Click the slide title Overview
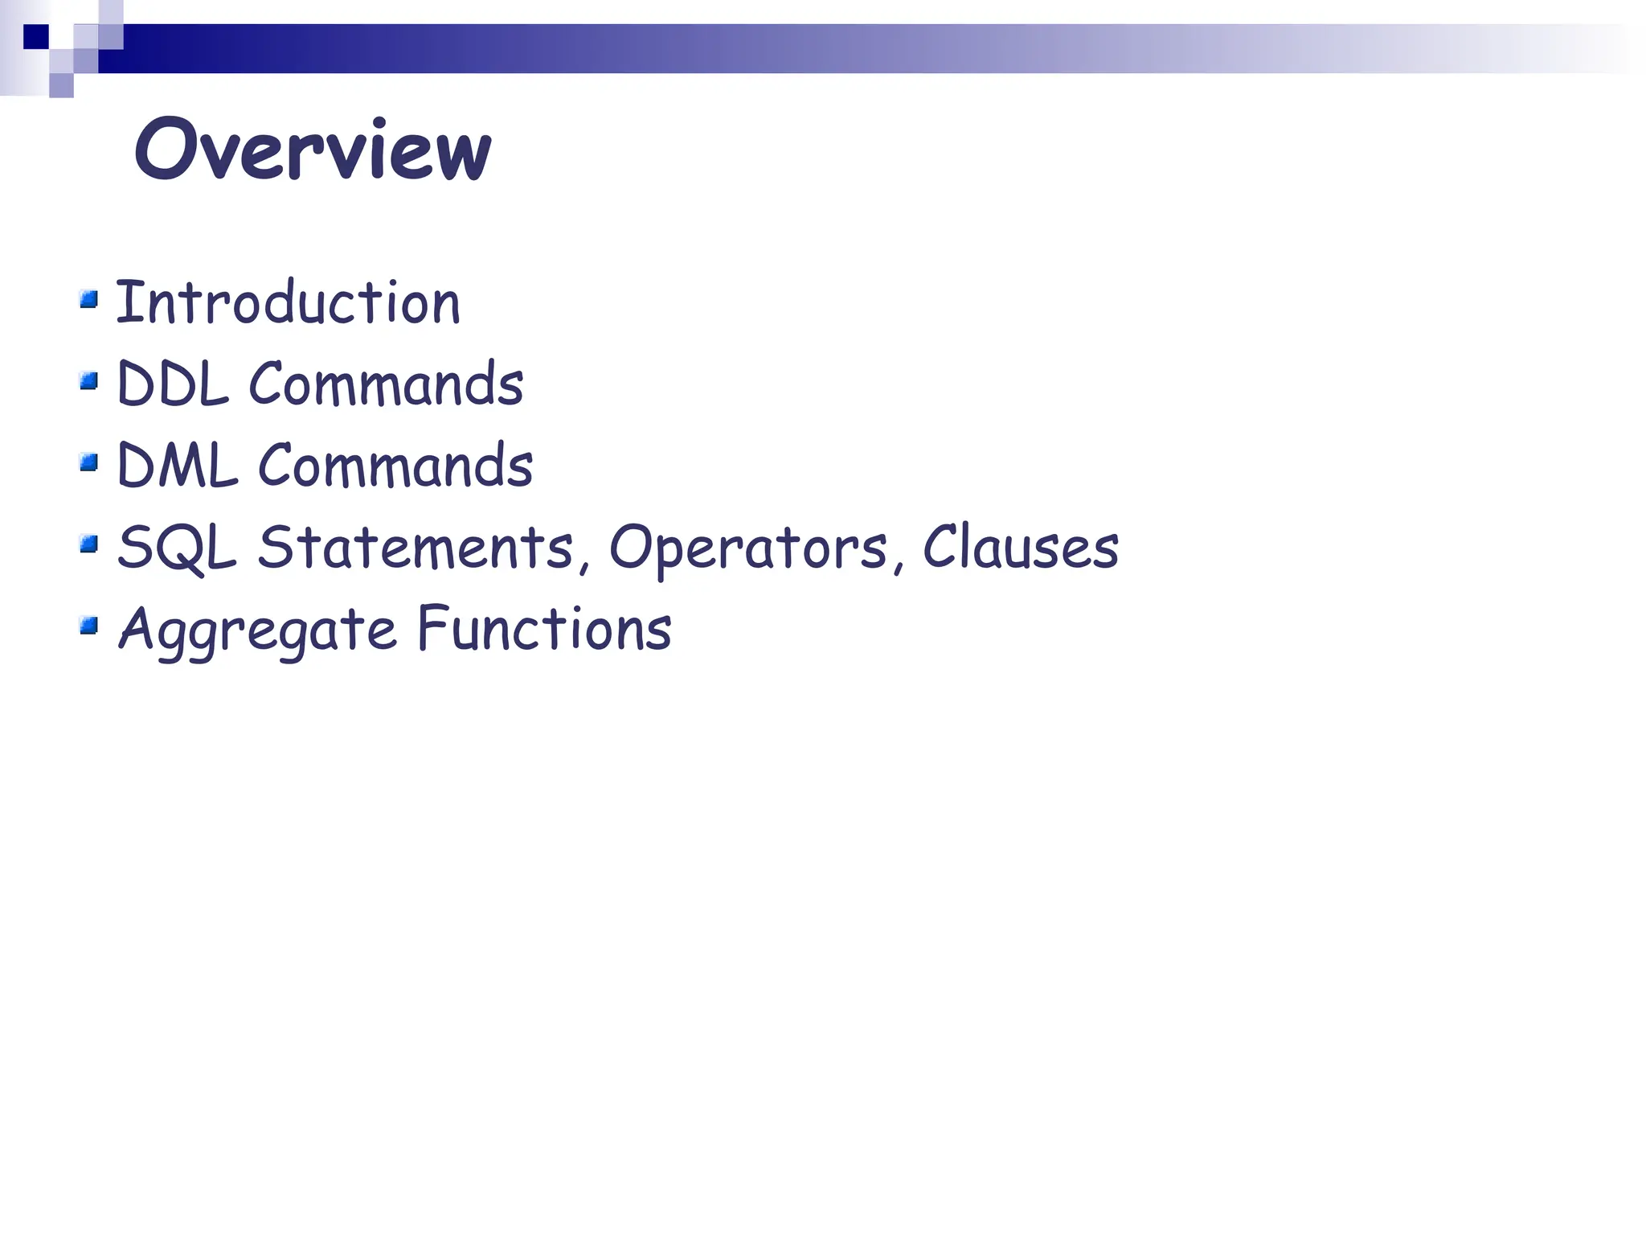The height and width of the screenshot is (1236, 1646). [x=313, y=150]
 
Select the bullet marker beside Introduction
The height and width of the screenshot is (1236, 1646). [x=89, y=300]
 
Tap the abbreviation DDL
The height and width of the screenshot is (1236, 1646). [x=173, y=384]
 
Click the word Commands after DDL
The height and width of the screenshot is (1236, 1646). [x=386, y=384]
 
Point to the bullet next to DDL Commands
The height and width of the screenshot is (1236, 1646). [x=89, y=380]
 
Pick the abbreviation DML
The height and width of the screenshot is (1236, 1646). [x=178, y=466]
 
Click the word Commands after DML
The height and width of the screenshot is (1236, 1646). [x=395, y=466]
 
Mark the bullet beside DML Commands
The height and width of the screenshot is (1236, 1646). [x=89, y=462]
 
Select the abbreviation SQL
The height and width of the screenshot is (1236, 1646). [x=178, y=548]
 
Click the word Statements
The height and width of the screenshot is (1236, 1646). [x=415, y=548]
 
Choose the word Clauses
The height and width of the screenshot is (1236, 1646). [x=1021, y=548]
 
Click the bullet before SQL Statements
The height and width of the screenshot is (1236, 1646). [x=89, y=544]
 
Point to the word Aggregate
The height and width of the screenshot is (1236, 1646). [x=257, y=630]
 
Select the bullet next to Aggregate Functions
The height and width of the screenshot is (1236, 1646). [x=89, y=625]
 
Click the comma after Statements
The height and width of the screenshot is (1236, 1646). [x=583, y=565]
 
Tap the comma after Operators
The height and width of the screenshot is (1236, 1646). [x=898, y=565]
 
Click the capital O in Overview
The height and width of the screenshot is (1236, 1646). [x=167, y=150]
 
